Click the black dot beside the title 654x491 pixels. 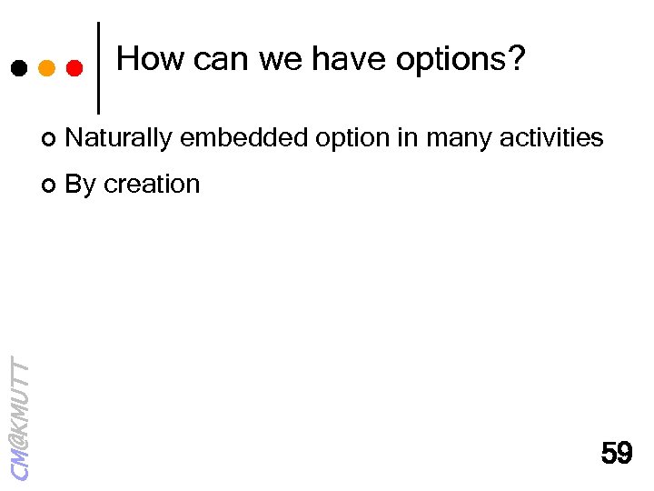[18, 68]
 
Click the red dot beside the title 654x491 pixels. [74, 68]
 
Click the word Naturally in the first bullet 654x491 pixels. [119, 138]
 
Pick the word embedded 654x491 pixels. [240, 138]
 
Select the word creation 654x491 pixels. [152, 185]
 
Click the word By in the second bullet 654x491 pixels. [81, 185]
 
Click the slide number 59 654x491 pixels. [617, 452]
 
